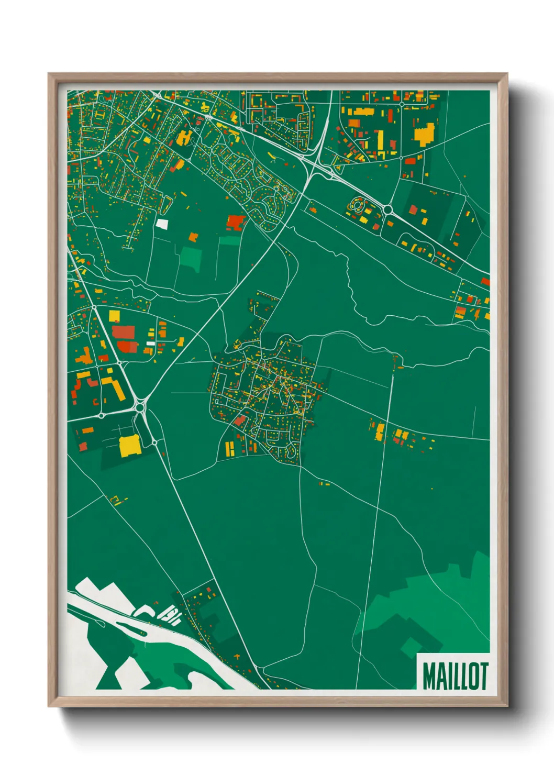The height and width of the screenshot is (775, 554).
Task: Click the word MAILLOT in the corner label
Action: tap(455, 677)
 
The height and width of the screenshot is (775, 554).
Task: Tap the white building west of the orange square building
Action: tap(162, 224)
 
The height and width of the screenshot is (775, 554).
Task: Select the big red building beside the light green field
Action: tap(236, 222)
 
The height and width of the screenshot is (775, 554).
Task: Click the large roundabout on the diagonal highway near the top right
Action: tap(388, 210)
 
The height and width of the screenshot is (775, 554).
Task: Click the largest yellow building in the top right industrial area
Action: tap(425, 134)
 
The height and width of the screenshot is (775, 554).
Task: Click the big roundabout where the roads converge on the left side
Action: tap(140, 406)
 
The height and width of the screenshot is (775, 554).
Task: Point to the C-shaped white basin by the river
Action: tap(144, 611)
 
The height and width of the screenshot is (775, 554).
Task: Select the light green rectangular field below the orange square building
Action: tap(192, 258)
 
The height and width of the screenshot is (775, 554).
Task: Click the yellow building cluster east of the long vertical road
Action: tap(401, 435)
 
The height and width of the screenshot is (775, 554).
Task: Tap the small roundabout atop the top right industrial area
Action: tap(402, 104)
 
